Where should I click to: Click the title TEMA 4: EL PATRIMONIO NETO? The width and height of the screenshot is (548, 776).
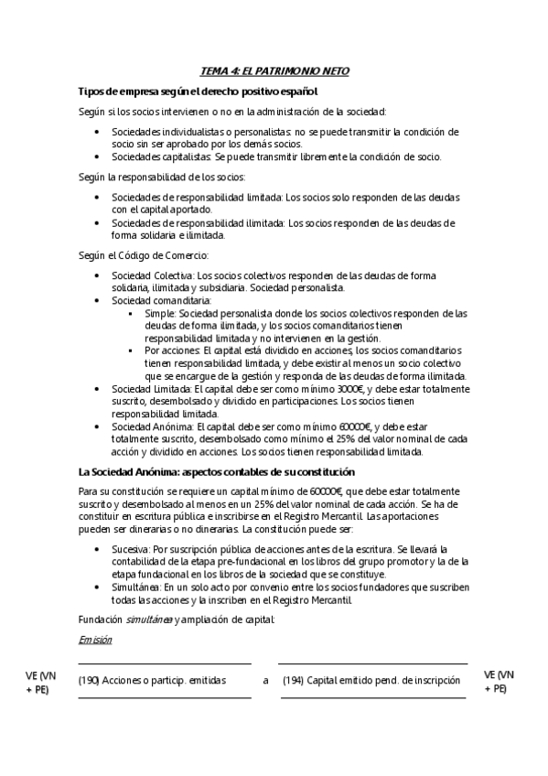coord(274,70)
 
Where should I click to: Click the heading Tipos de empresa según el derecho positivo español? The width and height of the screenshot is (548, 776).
coord(198,92)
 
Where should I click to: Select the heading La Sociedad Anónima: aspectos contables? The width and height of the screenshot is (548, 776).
coord(217,471)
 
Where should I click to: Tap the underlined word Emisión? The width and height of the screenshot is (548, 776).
coord(95,639)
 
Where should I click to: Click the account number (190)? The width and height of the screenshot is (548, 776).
coord(89,680)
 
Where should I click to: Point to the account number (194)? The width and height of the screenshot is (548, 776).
coord(292,680)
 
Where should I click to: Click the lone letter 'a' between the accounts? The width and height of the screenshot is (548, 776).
coord(265,680)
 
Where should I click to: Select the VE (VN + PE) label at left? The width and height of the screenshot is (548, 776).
coord(39,681)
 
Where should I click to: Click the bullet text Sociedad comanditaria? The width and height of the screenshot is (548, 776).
coord(161,299)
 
